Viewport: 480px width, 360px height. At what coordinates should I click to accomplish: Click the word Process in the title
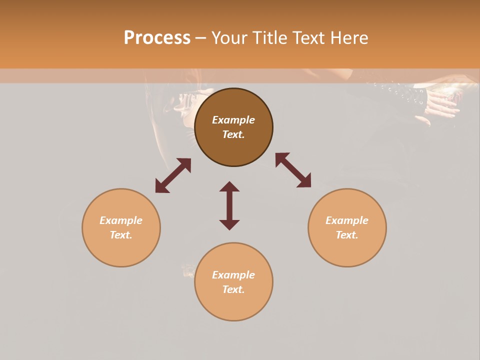(x=157, y=38)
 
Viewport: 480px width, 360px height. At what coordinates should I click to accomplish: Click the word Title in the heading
(x=270, y=38)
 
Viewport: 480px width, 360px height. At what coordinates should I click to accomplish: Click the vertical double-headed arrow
(x=229, y=206)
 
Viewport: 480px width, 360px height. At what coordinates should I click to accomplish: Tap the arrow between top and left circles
(x=173, y=175)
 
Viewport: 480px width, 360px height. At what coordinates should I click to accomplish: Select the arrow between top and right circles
(x=293, y=170)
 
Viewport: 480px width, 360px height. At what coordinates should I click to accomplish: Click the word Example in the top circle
(x=233, y=120)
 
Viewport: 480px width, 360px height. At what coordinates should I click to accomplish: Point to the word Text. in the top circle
(x=233, y=134)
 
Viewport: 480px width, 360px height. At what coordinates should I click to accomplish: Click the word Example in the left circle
(x=121, y=220)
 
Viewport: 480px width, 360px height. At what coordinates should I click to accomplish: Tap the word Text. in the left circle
(x=121, y=235)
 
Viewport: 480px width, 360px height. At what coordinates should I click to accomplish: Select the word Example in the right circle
(x=347, y=220)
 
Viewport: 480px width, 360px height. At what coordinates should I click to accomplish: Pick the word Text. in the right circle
(x=347, y=235)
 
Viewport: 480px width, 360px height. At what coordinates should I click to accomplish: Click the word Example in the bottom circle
(x=233, y=275)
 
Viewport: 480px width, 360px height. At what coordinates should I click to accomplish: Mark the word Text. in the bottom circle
(x=233, y=289)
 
